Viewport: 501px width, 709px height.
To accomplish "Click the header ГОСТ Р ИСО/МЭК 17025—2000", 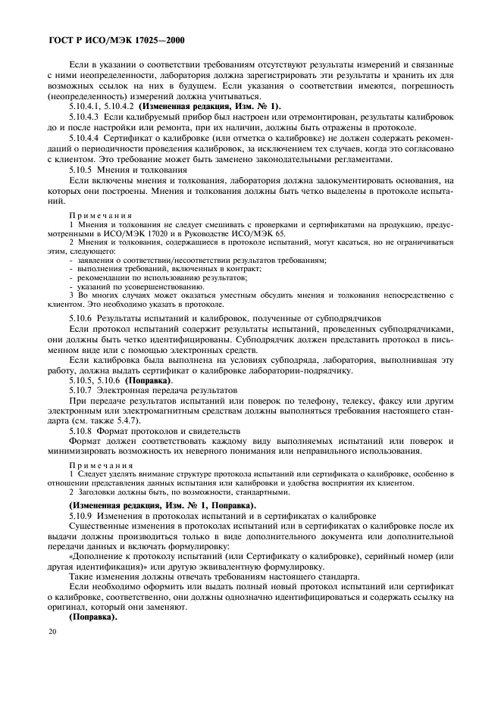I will point(117,39).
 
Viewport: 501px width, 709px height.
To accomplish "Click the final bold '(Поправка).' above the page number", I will point(92,617).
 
